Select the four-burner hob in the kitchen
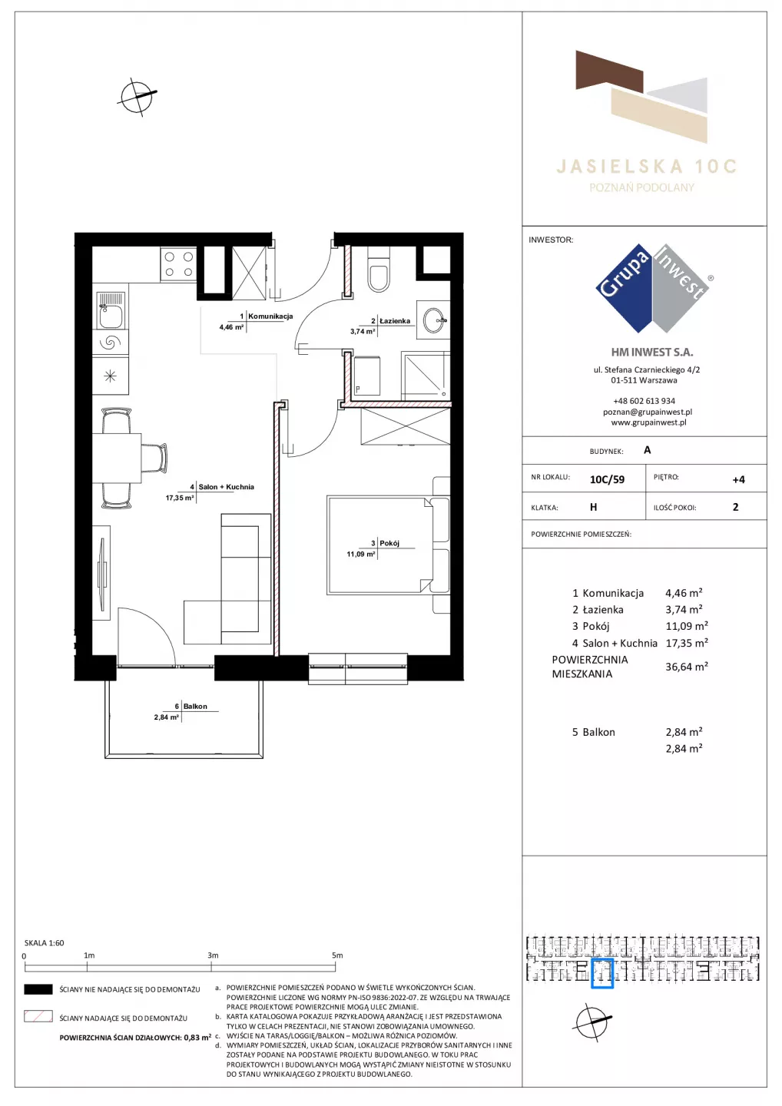[x=179, y=264]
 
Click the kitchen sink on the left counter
[x=111, y=310]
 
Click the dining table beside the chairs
[x=117, y=459]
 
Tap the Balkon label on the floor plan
[x=195, y=706]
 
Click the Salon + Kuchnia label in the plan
[x=226, y=487]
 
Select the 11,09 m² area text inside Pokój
[x=361, y=554]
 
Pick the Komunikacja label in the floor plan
[x=270, y=316]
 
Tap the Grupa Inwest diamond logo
[x=652, y=288]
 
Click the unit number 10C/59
[x=607, y=479]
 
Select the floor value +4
[x=738, y=479]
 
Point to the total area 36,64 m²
[x=687, y=667]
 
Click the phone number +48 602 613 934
[x=644, y=401]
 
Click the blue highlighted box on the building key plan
[x=602, y=973]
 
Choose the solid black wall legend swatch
[x=38, y=989]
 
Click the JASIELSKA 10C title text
[x=647, y=167]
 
